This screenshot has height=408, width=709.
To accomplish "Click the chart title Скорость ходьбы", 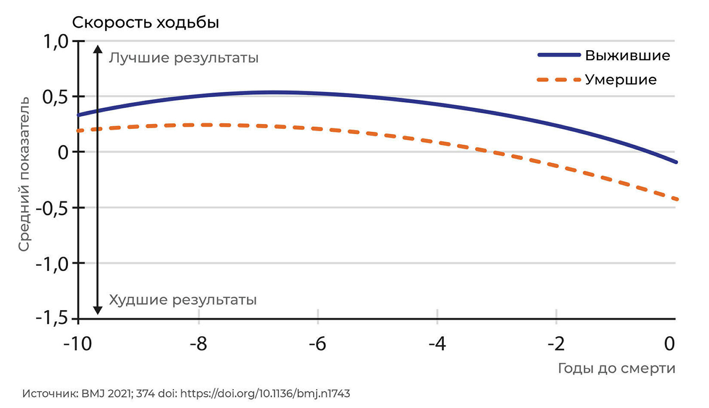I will point(145,23).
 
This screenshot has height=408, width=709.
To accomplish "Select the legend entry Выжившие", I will point(627,55).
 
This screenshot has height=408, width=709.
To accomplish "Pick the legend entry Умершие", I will point(620,80).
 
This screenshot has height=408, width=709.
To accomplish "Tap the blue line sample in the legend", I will point(559,55).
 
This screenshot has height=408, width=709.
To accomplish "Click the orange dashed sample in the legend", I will point(559,80).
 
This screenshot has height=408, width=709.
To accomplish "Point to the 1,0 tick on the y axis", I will point(56,41).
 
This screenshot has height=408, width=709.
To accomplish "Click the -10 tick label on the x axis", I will point(78,344).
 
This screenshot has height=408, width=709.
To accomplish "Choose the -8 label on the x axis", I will point(198,344).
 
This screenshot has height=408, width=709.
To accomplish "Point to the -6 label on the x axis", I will point(318,344).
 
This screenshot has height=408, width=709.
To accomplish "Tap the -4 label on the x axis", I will point(437,344).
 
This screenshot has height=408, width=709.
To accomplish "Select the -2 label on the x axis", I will point(556,344).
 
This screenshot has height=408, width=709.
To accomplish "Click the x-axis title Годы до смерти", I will point(616,368).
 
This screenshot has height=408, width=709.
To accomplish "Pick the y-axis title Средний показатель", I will point(24,174).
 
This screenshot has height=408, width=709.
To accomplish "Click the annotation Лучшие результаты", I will point(184,58).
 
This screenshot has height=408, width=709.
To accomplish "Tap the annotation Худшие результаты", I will point(183,299).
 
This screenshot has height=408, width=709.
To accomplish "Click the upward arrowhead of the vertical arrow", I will point(97,49).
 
